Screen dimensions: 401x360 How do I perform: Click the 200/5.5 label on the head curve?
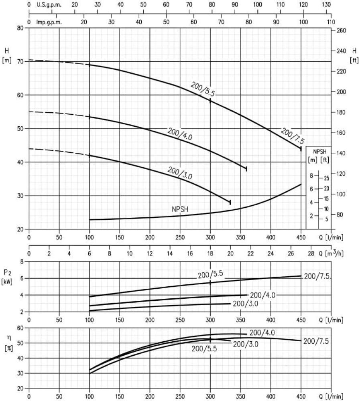[x=203, y=89]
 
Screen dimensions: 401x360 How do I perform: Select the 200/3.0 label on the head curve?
[x=180, y=173]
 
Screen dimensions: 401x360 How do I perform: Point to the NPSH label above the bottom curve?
[x=180, y=209]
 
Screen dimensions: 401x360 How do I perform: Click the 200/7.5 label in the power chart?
[x=317, y=276]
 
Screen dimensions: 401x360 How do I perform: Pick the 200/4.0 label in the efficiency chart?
[x=262, y=332]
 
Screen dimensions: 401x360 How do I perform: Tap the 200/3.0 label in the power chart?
[x=245, y=303]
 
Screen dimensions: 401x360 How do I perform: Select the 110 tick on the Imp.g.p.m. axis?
[x=331, y=22]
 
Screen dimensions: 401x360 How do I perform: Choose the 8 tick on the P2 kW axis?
[x=22, y=261]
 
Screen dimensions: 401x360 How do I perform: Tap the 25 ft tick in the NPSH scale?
[x=326, y=178]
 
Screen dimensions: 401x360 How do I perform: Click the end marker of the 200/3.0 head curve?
[x=230, y=203]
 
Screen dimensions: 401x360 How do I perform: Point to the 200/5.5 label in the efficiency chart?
[x=204, y=348]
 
